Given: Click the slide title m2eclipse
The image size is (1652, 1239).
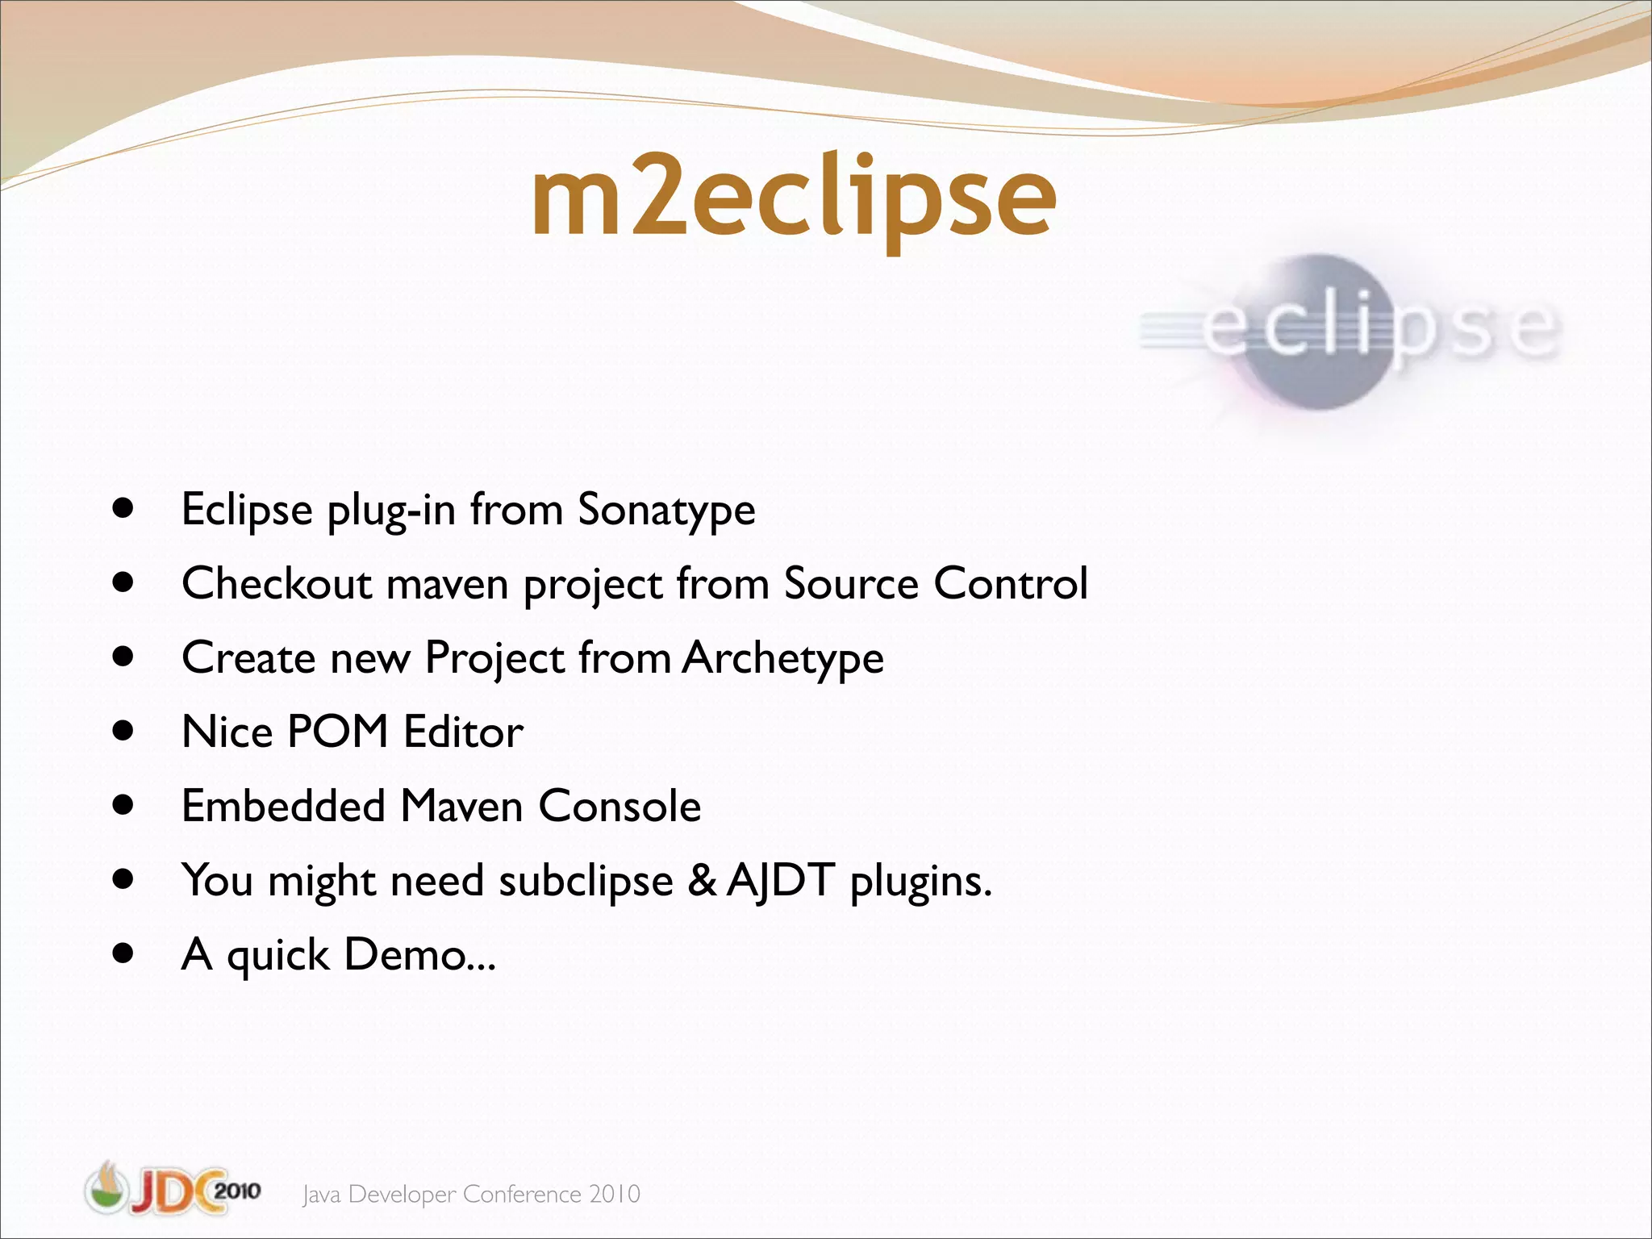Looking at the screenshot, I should tap(794, 198).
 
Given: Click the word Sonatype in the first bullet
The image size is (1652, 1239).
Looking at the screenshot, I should tap(666, 510).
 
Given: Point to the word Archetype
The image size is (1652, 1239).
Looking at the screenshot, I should tap(782, 658).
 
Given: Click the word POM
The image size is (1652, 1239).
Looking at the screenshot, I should tap(338, 732).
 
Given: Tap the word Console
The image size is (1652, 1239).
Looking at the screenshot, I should tap(619, 806).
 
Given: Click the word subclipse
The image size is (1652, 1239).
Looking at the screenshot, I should tap(586, 880).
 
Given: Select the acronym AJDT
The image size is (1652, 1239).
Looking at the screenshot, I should tap(780, 880).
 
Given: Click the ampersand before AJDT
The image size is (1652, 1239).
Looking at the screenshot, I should tap(702, 880).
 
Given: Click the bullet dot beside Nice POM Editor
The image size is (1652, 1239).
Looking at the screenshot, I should tap(123, 731).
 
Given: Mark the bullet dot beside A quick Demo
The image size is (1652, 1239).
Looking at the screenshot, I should tap(123, 953).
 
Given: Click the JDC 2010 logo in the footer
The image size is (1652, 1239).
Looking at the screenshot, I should tap(173, 1189).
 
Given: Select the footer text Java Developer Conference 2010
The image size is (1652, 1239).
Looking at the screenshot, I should tap(471, 1194).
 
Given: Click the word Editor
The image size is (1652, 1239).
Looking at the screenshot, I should tap(463, 732).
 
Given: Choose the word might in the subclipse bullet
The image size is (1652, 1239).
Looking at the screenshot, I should tap(322, 881).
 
